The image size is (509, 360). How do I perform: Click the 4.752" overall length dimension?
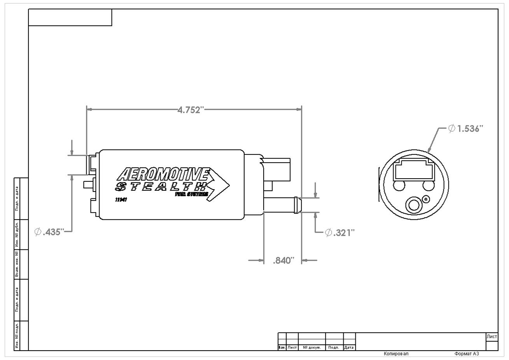point(191,110)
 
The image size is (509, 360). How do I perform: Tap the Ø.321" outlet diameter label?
point(340,233)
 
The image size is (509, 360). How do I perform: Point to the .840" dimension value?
point(283,261)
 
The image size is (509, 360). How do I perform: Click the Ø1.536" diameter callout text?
point(465,129)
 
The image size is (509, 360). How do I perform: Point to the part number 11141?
point(121,200)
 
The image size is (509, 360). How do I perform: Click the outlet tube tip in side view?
point(298,205)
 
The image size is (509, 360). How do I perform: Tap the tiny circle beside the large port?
point(426,199)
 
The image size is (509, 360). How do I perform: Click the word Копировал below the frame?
point(396,354)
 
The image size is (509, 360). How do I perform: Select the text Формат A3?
point(466,354)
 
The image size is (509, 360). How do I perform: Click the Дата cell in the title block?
point(349,348)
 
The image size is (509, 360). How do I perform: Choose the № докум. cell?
point(311,348)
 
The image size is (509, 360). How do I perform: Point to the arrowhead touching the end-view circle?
point(429,151)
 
